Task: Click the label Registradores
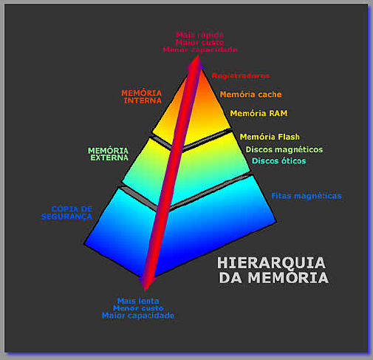[x=241, y=76]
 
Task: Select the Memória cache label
[x=250, y=95]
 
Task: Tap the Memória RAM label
[x=259, y=113]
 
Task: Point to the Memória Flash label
[x=270, y=137]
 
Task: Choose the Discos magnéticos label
[x=284, y=150]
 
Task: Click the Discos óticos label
[x=278, y=161]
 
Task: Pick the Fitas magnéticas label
[x=307, y=196]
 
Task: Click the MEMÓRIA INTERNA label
[x=142, y=97]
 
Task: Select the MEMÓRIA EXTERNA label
[x=109, y=154]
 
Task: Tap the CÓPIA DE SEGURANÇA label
[x=66, y=213]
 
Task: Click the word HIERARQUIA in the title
[x=271, y=263]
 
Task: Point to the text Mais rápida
[x=200, y=35]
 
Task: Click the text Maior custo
[x=199, y=42]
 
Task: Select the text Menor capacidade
[x=200, y=50]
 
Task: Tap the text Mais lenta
[x=138, y=301]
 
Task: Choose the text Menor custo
[x=138, y=308]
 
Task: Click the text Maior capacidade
[x=138, y=316]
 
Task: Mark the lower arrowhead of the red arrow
[x=146, y=285]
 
